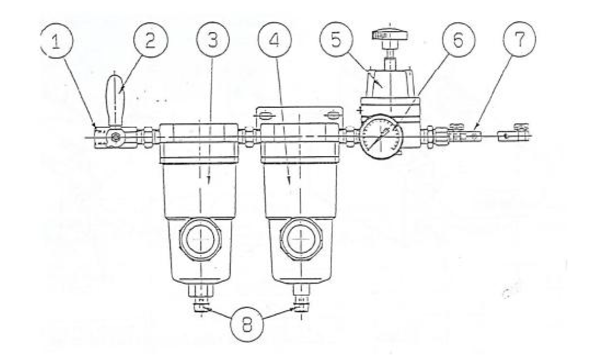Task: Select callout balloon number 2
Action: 150,39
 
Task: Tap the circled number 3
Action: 213,39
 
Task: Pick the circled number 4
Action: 274,39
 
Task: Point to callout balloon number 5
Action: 336,39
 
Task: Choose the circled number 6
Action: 458,39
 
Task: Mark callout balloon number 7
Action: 520,39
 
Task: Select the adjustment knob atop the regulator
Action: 390,35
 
